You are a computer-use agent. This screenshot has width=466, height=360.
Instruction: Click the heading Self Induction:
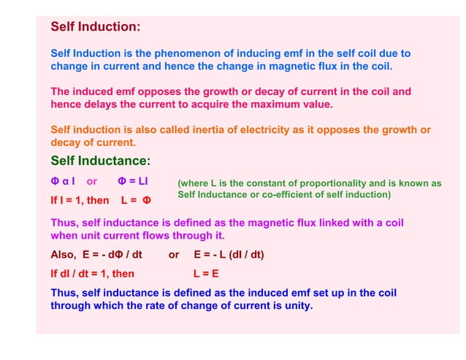tap(95, 27)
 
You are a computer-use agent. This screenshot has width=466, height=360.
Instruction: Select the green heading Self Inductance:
tap(100, 161)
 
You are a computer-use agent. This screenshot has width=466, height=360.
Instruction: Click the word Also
tap(63, 255)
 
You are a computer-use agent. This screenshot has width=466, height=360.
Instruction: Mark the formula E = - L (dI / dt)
tap(229, 255)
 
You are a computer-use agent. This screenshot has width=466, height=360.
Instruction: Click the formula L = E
tap(206, 274)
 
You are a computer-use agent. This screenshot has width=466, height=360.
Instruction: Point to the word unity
tap(297, 306)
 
